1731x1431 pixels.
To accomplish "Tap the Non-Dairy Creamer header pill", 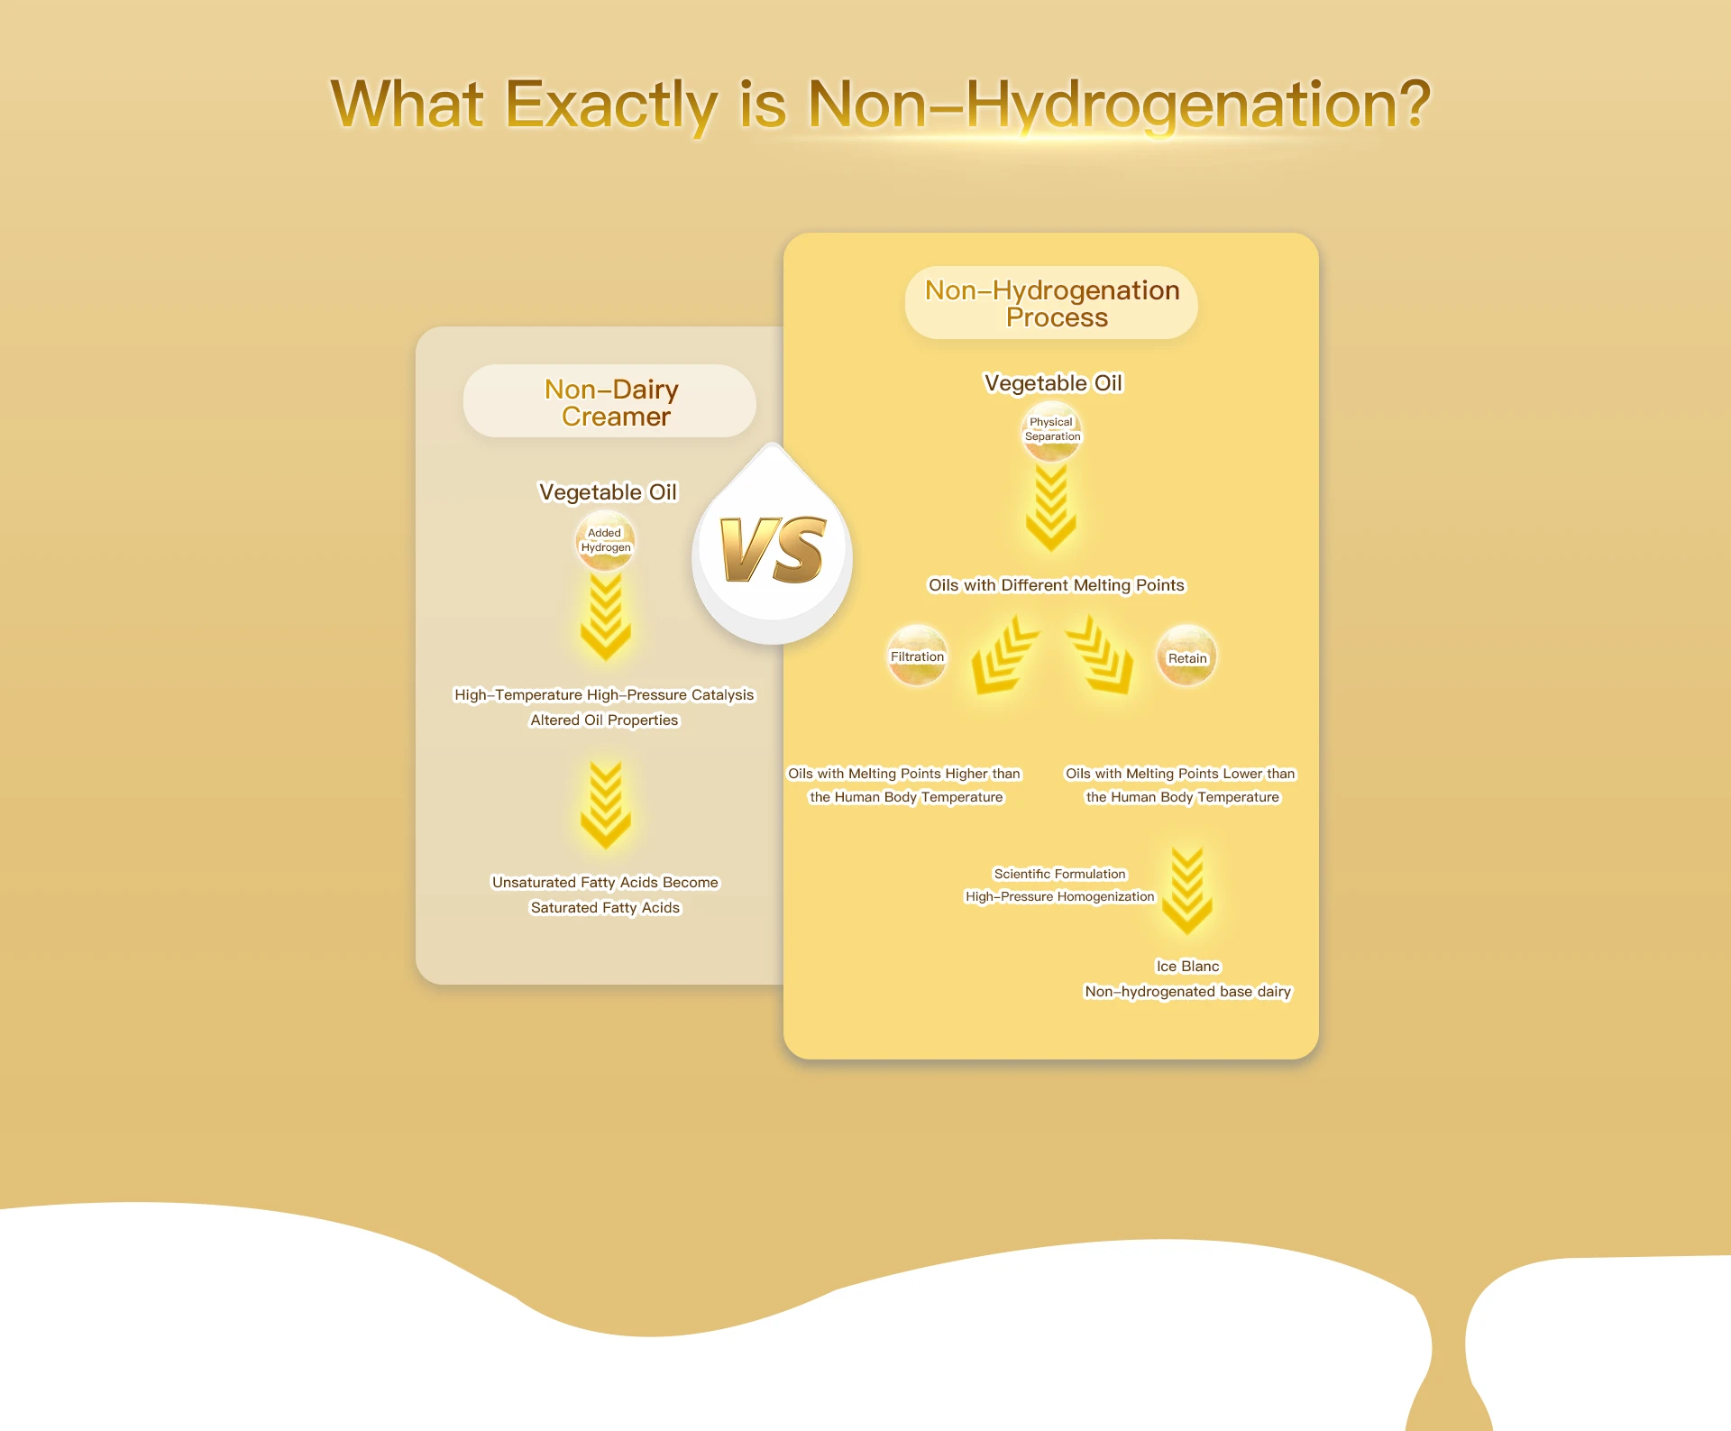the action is pyautogui.click(x=609, y=401).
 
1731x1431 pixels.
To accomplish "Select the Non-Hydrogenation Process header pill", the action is pyautogui.click(x=1051, y=303).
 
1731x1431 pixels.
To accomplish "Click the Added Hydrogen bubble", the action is pyautogui.click(x=605, y=541).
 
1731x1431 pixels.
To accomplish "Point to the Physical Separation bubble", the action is pyautogui.click(x=1051, y=431).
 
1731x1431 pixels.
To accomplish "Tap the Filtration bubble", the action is pyautogui.click(x=917, y=656).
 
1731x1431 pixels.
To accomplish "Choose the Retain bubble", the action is pyautogui.click(x=1186, y=656).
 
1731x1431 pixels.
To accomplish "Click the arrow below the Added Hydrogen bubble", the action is pyautogui.click(x=606, y=617).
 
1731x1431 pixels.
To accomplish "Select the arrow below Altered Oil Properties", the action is pyautogui.click(x=606, y=804).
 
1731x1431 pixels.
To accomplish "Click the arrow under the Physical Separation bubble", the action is pyautogui.click(x=1051, y=508).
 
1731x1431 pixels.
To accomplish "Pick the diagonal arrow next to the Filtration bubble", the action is pyautogui.click(x=1003, y=656).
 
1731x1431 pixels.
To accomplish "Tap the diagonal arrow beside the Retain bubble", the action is pyautogui.click(x=1101, y=656).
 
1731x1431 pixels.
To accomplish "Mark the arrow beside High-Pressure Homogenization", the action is pyautogui.click(x=1187, y=891).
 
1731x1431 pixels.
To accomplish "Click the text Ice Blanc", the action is pyautogui.click(x=1187, y=967).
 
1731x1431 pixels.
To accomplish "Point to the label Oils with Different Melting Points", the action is pyautogui.click(x=1057, y=585).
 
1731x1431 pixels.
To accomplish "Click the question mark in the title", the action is pyautogui.click(x=1407, y=104).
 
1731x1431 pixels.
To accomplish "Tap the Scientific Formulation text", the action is pyautogui.click(x=1060, y=874).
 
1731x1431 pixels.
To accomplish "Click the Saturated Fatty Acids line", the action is pyautogui.click(x=605, y=908).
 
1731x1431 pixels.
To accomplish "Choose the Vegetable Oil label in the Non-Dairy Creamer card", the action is pyautogui.click(x=608, y=492).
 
